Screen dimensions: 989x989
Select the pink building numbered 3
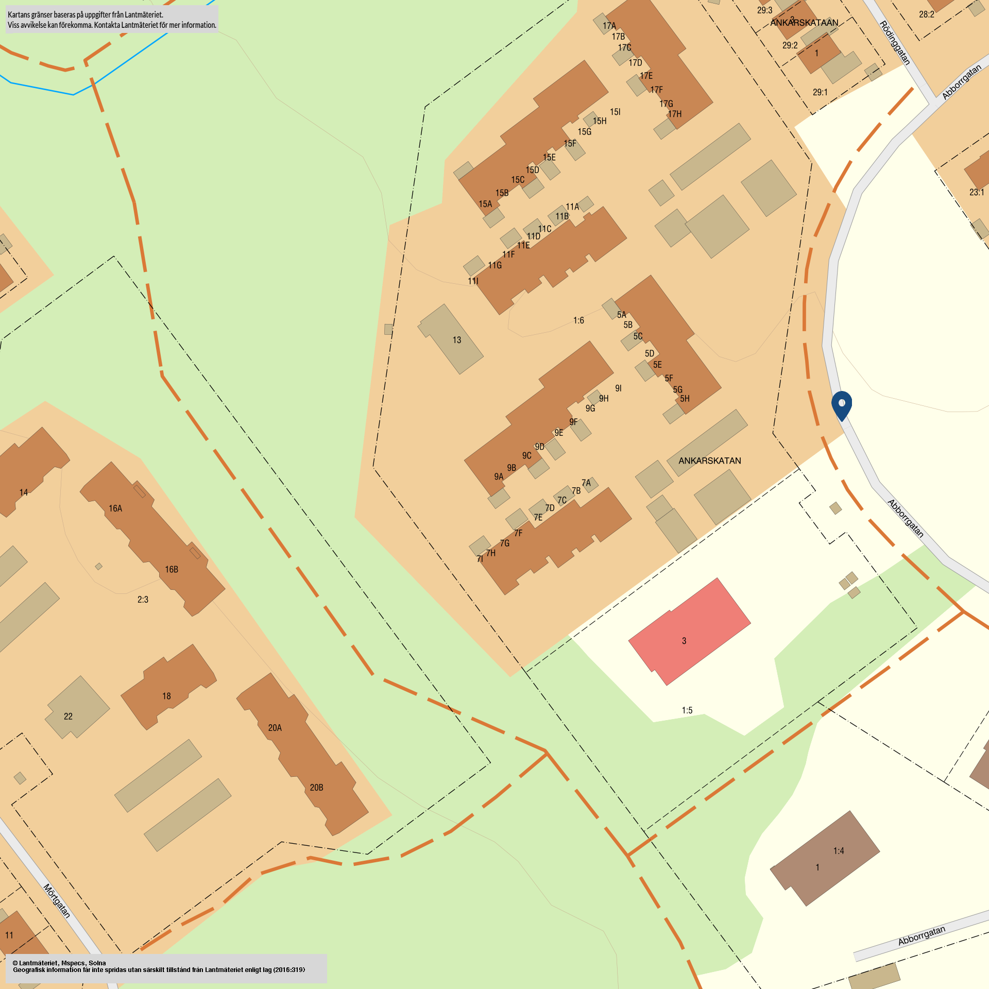689,632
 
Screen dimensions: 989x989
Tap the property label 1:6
578,320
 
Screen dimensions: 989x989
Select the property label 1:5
687,710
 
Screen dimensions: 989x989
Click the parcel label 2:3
143,600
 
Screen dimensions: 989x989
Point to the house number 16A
115,508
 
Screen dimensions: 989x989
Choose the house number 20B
316,788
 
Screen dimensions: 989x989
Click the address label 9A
499,476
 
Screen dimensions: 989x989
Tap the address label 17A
609,26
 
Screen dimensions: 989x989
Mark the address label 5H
685,399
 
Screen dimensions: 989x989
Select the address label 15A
485,204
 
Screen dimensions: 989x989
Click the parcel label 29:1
820,92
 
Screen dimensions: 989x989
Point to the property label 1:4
839,851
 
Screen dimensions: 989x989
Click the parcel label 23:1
977,192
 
